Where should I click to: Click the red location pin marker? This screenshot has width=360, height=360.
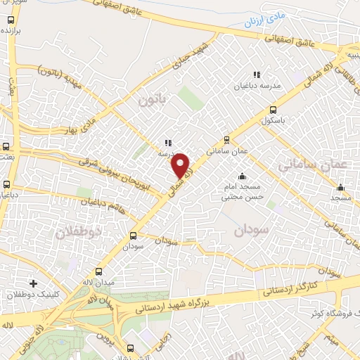181,165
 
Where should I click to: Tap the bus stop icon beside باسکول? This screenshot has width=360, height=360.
273,110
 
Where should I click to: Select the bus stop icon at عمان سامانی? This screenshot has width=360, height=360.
226,139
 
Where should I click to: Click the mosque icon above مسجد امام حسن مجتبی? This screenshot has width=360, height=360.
243,175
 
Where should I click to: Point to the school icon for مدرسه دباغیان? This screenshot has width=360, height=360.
257,75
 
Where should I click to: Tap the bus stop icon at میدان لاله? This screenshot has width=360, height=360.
99,271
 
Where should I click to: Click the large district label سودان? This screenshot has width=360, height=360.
252,230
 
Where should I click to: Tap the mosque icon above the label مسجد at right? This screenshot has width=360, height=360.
341,188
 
